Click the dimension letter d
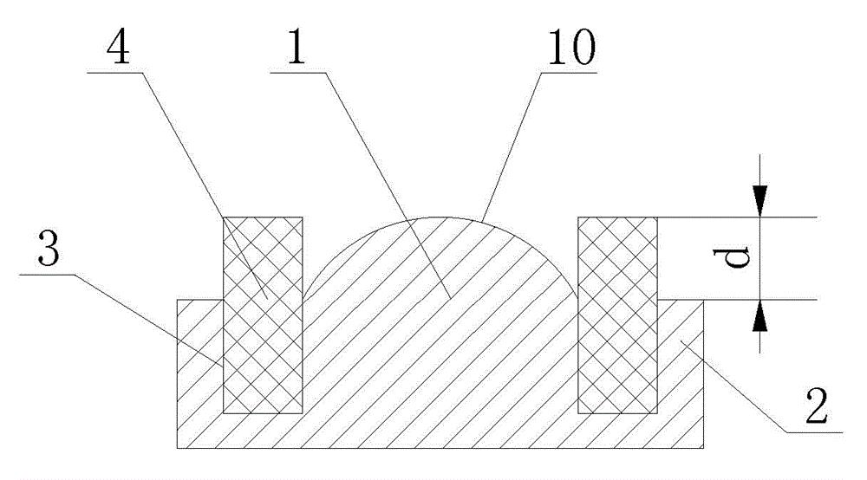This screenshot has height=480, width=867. pyautogui.click(x=739, y=257)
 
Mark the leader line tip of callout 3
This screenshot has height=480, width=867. pyautogui.click(x=223, y=364)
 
